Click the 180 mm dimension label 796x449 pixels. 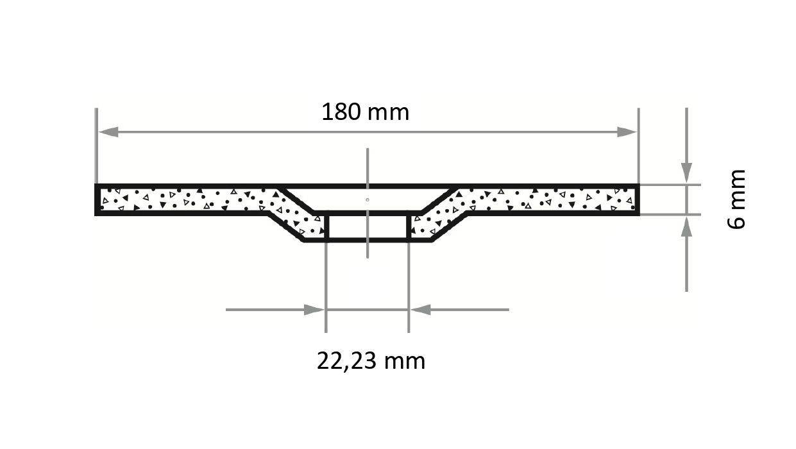coord(365,113)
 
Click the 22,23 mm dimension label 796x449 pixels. coord(371,361)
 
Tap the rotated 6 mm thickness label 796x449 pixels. coord(737,199)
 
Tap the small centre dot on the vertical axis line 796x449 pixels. coord(367,199)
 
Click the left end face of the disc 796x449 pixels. coord(97,199)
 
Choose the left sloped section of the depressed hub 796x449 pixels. coord(292,215)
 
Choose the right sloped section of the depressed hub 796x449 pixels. coord(443,215)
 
